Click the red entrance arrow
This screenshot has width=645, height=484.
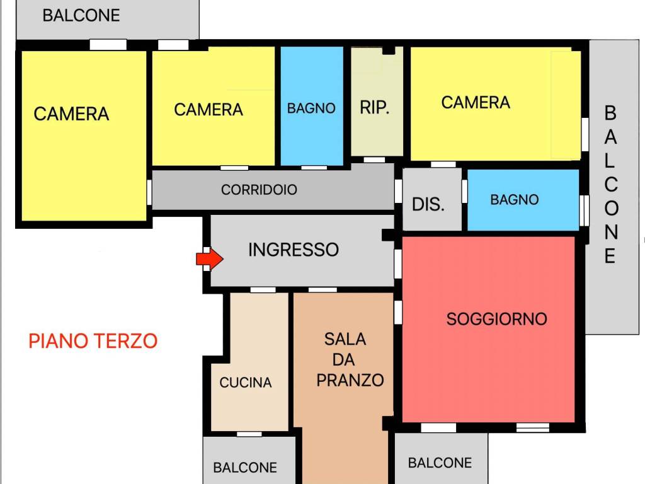(209, 258)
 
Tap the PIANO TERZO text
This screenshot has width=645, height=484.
(93, 341)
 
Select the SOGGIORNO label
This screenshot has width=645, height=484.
(496, 319)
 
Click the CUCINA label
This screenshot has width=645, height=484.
(246, 383)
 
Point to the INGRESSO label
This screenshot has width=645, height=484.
(294, 250)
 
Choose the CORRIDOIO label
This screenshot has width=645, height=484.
(259, 190)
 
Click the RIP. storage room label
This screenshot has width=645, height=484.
(375, 108)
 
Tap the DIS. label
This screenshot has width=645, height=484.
(428, 204)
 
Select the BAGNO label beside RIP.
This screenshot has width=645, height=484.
(311, 108)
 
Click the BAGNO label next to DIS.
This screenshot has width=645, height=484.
(515, 200)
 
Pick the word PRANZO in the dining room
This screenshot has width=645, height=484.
(350, 380)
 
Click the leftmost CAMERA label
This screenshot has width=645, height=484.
(71, 114)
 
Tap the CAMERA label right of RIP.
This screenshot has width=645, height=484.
(476, 103)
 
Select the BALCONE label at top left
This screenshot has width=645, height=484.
(81, 16)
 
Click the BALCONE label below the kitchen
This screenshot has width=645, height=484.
(245, 468)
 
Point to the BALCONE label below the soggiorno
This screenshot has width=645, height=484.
(440, 463)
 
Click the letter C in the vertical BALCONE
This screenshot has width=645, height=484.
(610, 185)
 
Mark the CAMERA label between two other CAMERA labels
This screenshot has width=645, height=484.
(208, 110)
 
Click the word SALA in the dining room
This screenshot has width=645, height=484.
(345, 339)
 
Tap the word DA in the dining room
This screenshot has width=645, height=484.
(345, 360)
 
